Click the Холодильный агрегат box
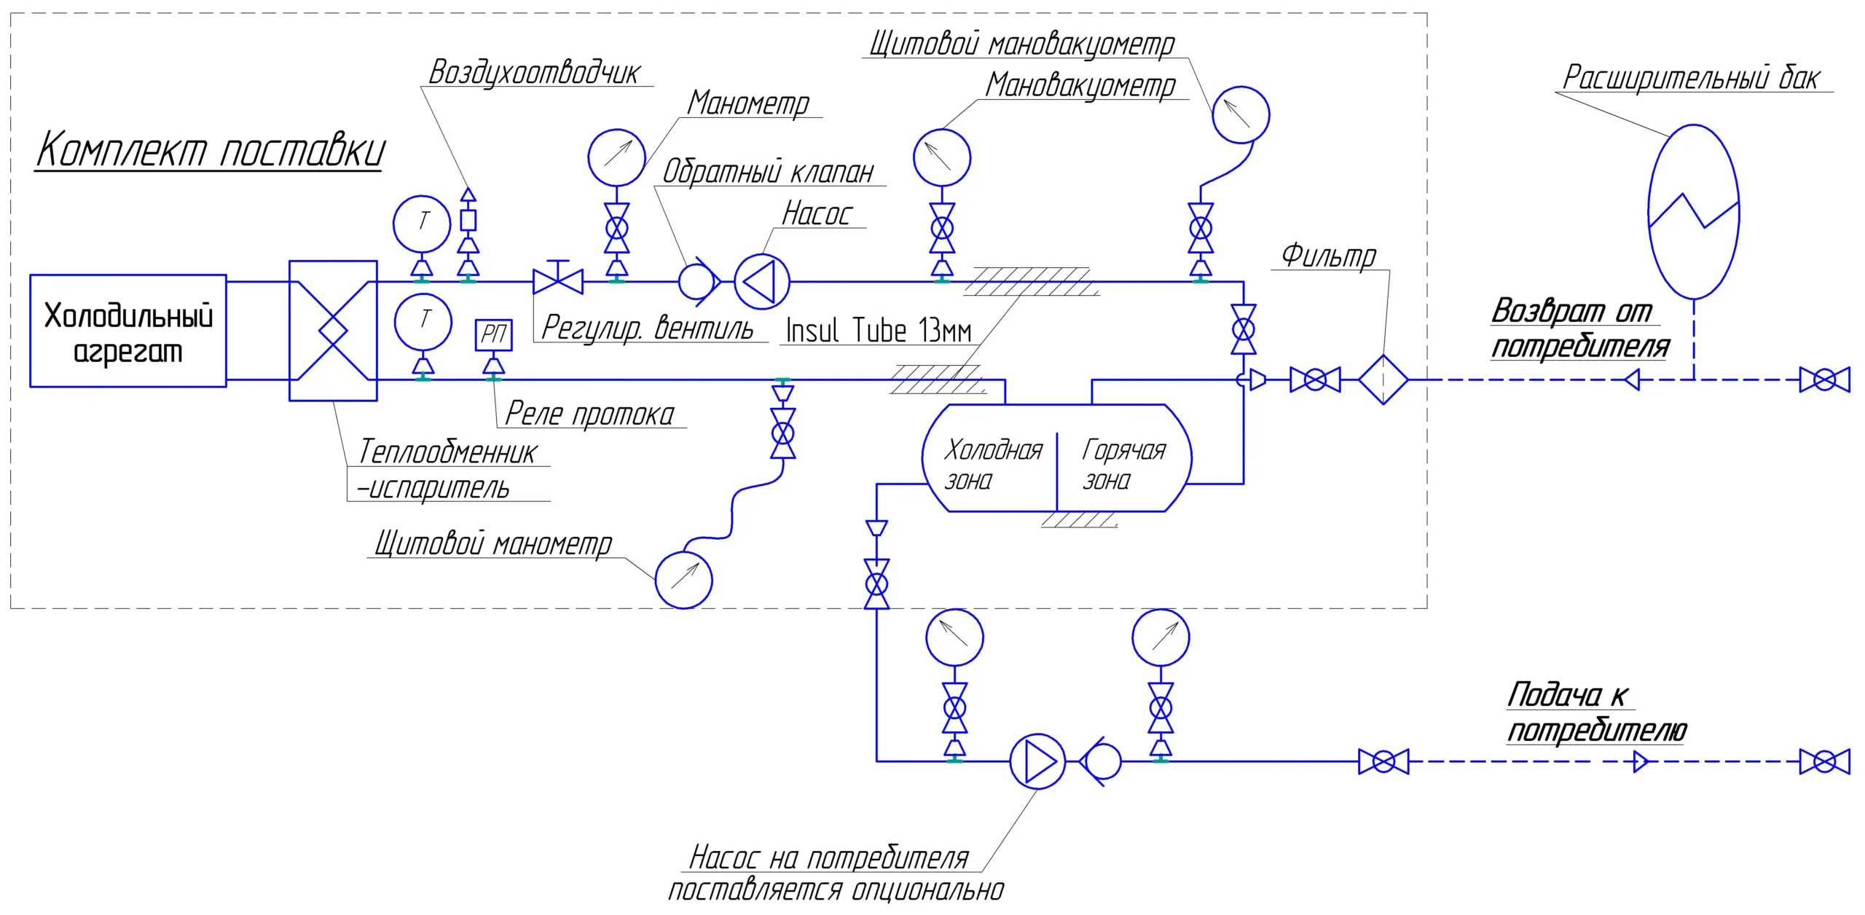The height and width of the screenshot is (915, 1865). click(x=128, y=331)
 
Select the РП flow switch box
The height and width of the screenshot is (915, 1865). click(x=493, y=334)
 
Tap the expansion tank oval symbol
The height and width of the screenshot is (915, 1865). click(x=1694, y=211)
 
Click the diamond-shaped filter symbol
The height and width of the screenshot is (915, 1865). click(x=1383, y=380)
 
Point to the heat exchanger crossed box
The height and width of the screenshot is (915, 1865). click(x=333, y=331)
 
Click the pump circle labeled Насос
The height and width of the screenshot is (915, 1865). click(x=761, y=281)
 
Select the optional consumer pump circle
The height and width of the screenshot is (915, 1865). click(x=1037, y=761)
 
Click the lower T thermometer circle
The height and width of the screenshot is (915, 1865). click(x=423, y=322)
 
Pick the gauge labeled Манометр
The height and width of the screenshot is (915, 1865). click(x=616, y=157)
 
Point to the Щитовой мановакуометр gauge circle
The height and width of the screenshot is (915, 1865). click(x=1241, y=114)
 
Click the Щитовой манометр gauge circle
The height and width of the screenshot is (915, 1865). click(x=683, y=580)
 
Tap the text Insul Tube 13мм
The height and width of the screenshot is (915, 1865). click(x=878, y=331)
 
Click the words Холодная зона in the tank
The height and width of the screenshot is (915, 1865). click(x=992, y=464)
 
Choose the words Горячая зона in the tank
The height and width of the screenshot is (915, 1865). click(x=1123, y=464)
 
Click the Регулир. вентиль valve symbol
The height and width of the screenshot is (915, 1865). click(x=558, y=280)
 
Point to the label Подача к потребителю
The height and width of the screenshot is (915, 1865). click(x=1596, y=712)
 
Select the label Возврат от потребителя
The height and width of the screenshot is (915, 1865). click(x=1579, y=329)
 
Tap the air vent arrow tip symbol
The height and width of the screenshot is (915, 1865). click(x=468, y=195)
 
